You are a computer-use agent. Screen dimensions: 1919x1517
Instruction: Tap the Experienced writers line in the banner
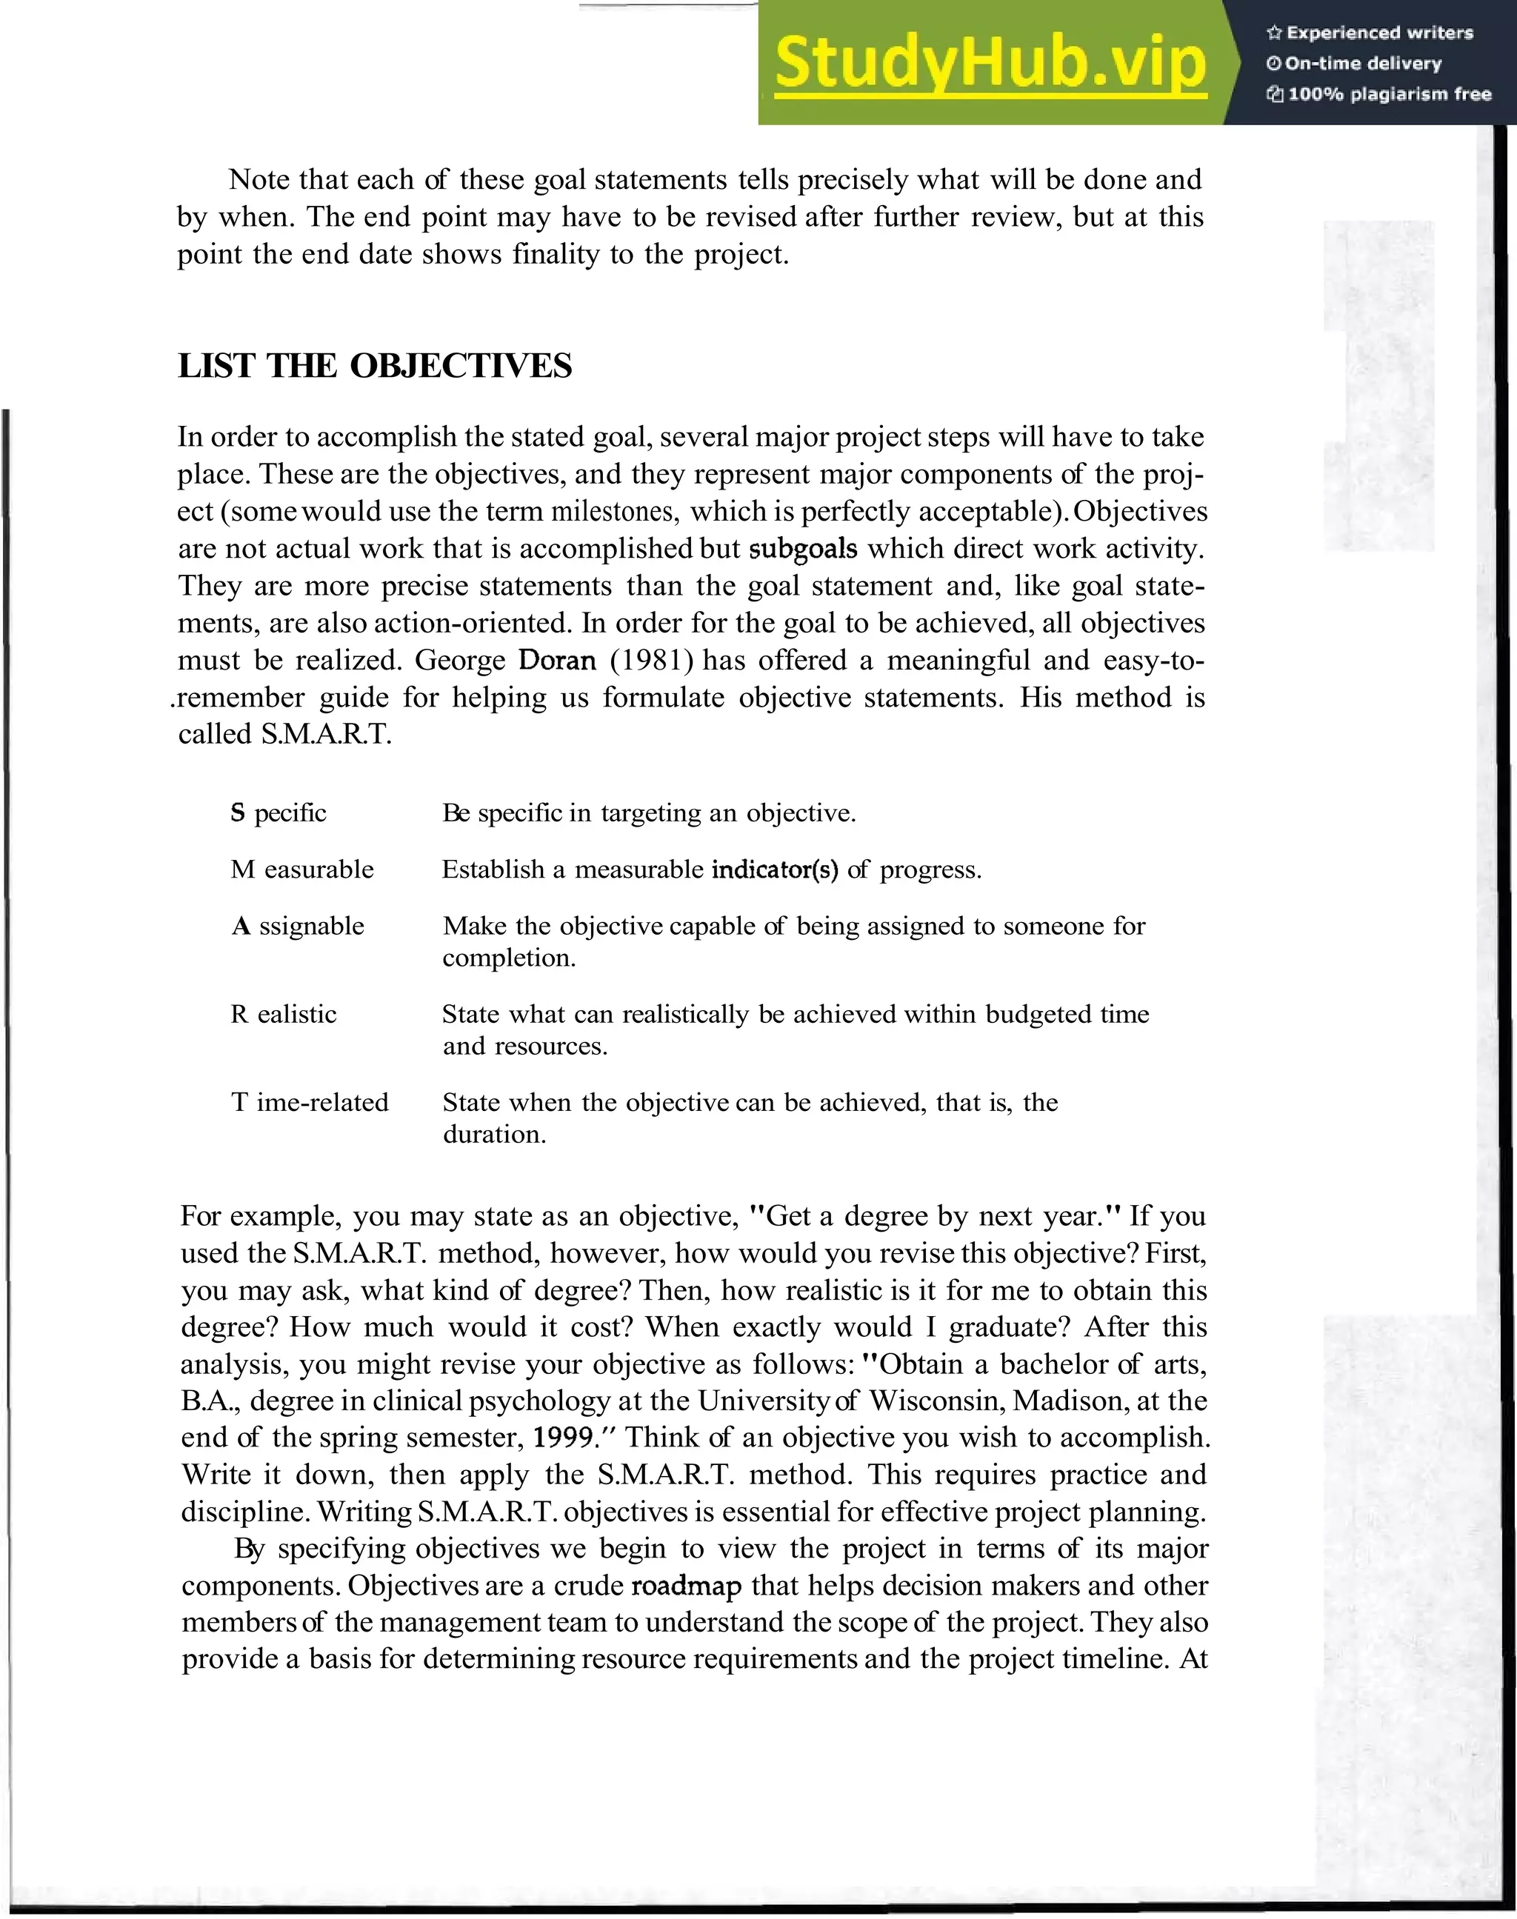tap(1370, 33)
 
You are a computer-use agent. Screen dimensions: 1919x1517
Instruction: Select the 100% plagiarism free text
tap(1378, 94)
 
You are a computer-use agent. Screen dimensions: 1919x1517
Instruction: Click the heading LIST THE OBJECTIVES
tap(375, 366)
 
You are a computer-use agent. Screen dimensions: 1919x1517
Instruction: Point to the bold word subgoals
tap(803, 549)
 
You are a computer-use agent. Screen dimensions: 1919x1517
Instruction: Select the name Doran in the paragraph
tap(557, 660)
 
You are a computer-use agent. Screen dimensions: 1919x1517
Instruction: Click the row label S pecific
tap(278, 812)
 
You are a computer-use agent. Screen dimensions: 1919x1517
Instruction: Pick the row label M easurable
tap(302, 869)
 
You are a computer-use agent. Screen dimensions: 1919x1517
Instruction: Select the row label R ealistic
tap(284, 1013)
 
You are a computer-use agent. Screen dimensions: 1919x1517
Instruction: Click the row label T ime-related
tap(310, 1102)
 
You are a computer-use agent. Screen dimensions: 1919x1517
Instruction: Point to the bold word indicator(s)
tap(775, 869)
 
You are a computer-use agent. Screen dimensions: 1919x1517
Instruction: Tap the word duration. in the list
tap(494, 1134)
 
